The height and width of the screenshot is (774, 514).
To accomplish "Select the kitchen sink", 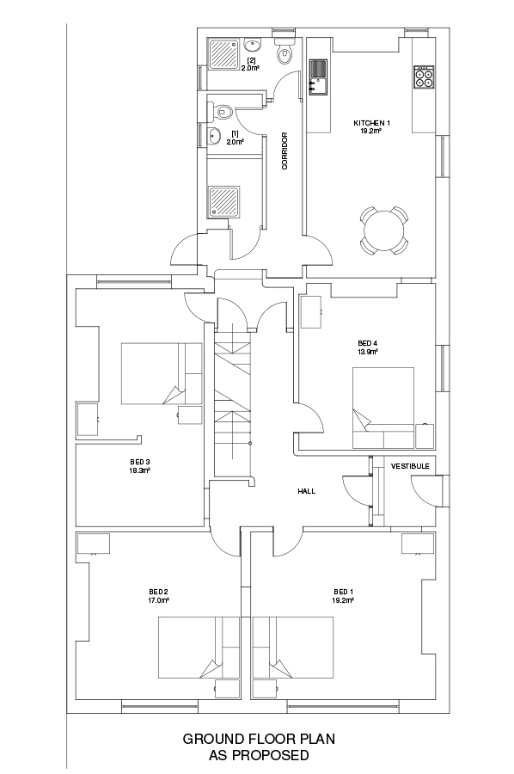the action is click(x=318, y=77).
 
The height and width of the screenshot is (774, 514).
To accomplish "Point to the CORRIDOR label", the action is click(x=285, y=151).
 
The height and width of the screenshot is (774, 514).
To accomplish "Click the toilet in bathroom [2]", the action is click(x=285, y=51).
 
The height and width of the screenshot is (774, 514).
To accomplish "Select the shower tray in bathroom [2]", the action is click(x=224, y=53).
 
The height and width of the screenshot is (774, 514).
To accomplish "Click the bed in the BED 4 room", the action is click(x=383, y=408).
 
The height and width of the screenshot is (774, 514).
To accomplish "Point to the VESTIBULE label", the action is click(x=410, y=466).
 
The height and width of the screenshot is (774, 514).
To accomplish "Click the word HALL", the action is click(x=306, y=491).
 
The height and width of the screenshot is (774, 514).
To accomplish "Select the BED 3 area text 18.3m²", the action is click(x=139, y=470).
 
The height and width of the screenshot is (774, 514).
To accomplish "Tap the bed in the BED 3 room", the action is click(x=162, y=374).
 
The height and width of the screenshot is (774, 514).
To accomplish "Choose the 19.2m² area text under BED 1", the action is click(x=343, y=600).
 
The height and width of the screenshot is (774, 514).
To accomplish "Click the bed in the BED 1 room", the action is click(x=293, y=647).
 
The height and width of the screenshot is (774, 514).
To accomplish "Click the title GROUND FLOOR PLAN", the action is click(x=259, y=739).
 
